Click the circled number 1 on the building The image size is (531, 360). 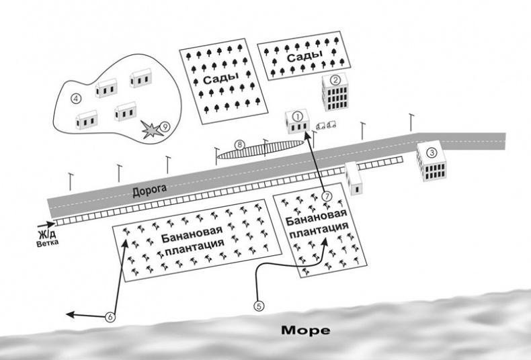(296, 116)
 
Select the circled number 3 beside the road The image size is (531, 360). (432, 152)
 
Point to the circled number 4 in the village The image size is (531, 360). (76, 98)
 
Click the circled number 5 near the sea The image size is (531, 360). (259, 304)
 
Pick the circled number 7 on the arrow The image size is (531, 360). (327, 196)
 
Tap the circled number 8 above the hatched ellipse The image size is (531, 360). (239, 144)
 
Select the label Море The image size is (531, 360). (305, 330)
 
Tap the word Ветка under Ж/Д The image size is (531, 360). (47, 244)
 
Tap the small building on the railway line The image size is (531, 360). (354, 178)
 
